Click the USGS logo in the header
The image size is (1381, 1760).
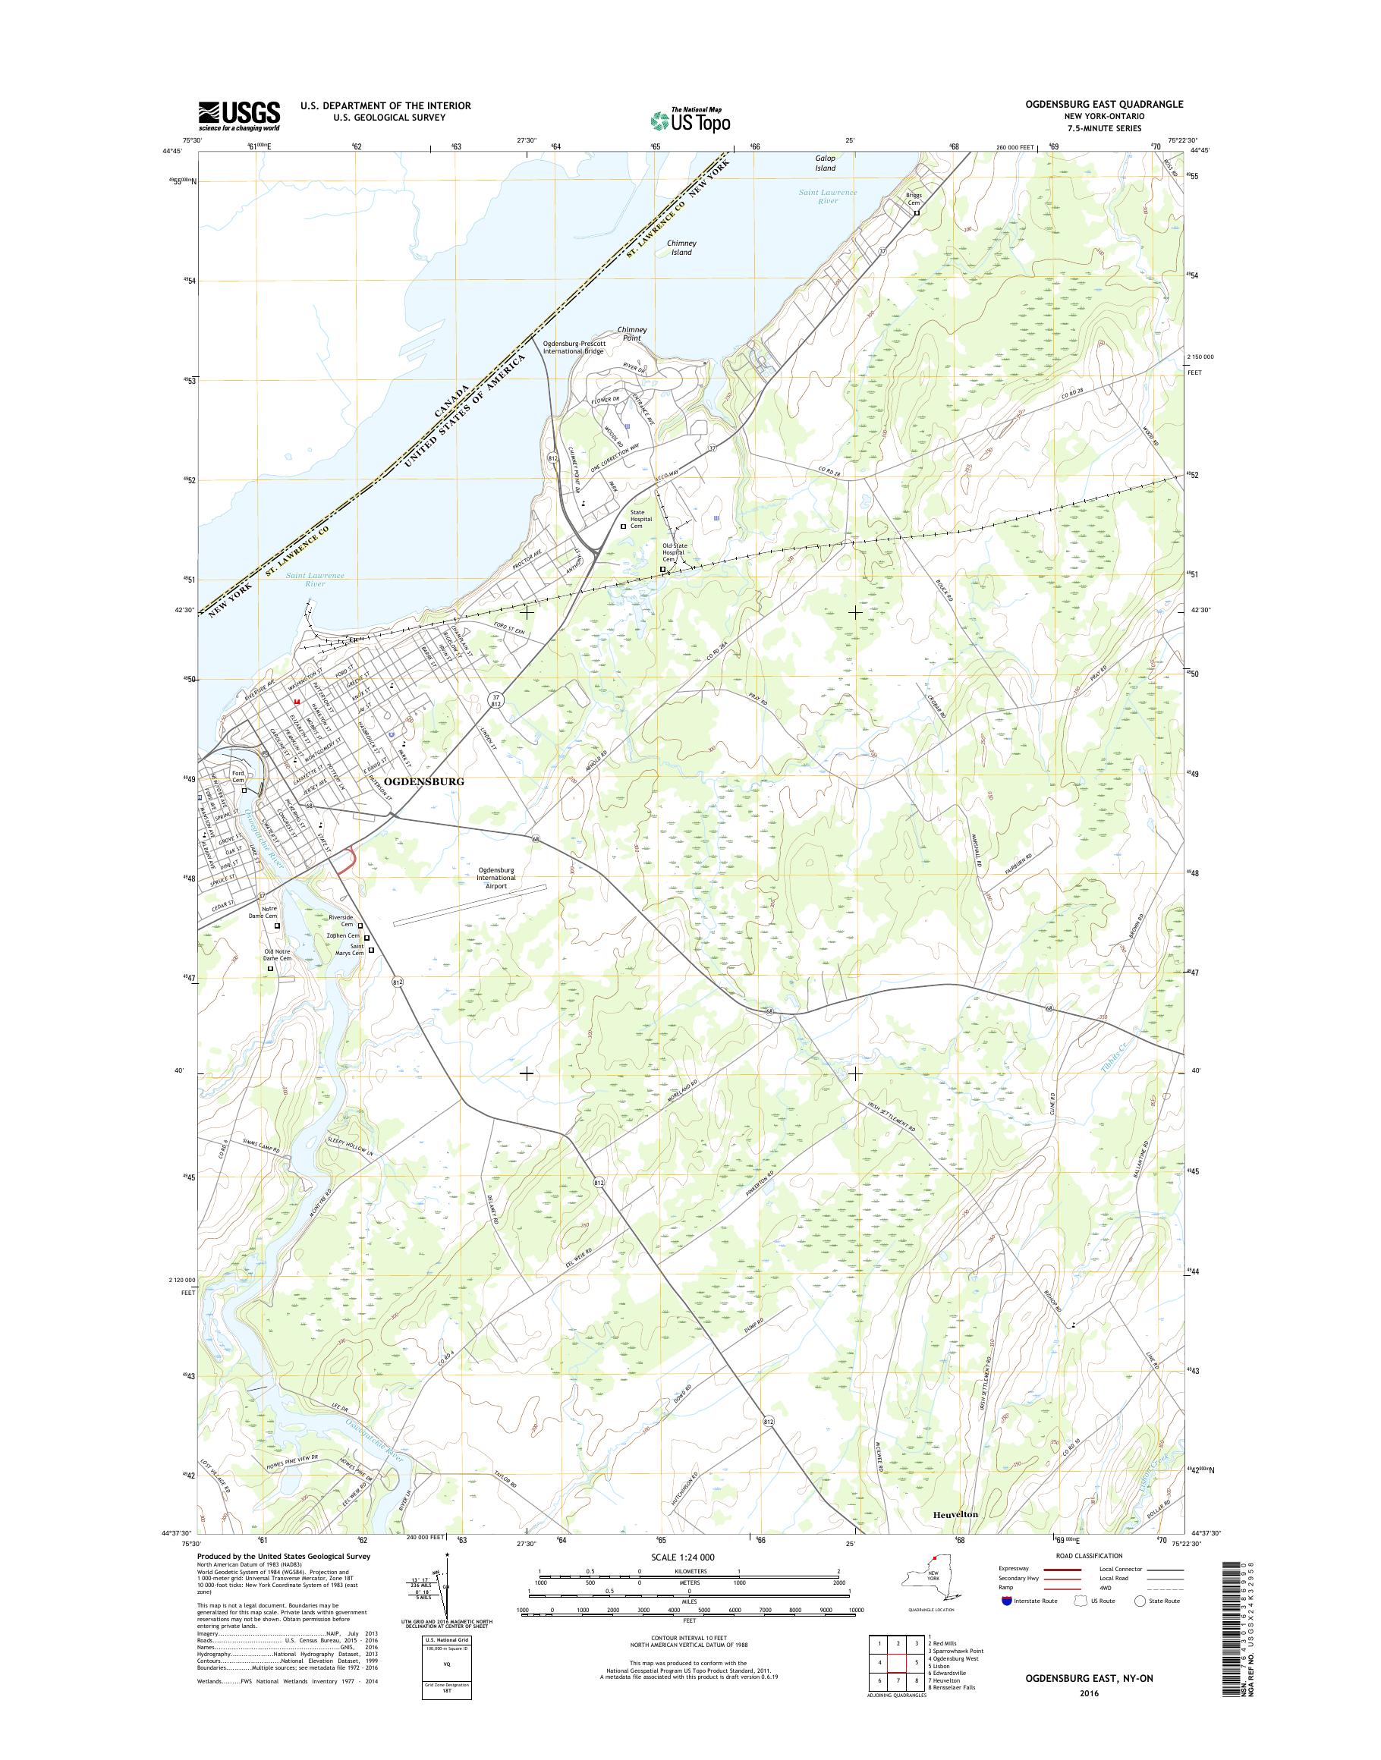point(239,115)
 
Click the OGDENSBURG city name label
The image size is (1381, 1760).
point(424,782)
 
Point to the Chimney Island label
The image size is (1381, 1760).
point(681,247)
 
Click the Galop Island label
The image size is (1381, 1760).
point(825,163)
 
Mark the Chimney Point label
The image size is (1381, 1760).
point(631,333)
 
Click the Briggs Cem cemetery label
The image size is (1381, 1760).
point(913,199)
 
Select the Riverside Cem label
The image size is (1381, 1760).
point(341,921)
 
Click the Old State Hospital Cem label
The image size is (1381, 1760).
point(675,552)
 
